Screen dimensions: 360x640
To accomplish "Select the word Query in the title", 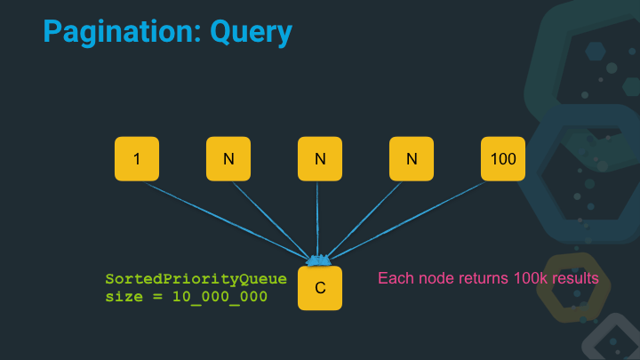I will pos(251,33).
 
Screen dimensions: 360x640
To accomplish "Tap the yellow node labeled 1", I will pos(137,159).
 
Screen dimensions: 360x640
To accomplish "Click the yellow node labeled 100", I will pos(503,159).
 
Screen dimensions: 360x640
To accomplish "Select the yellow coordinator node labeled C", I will pos(320,288).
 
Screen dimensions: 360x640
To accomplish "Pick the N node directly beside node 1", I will pos(228,159).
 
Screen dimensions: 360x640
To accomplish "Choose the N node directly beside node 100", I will pos(412,159).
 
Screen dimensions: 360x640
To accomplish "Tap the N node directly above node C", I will pos(320,159).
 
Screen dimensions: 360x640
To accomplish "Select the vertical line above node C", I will pos(319,218).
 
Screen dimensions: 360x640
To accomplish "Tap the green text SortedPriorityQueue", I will pos(196,279).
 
